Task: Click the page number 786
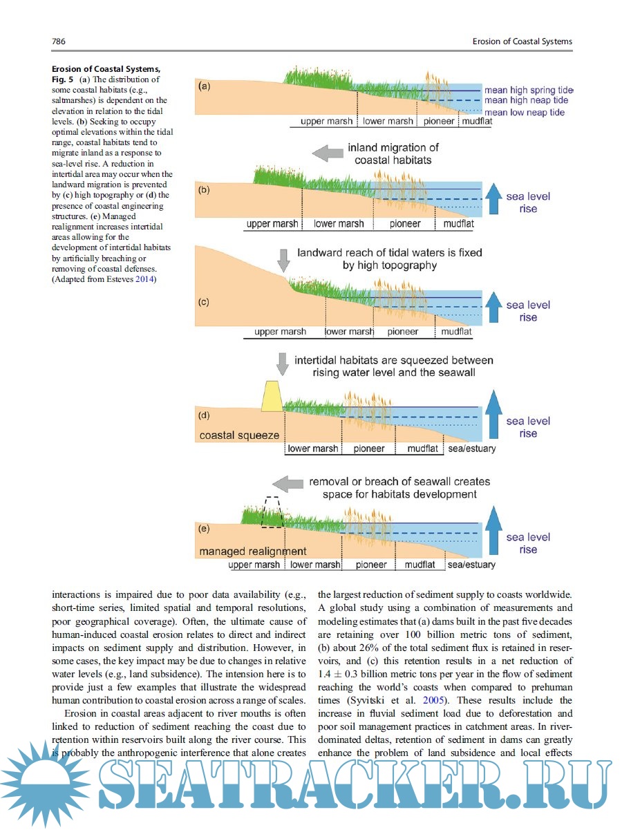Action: point(59,41)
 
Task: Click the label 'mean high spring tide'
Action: point(528,90)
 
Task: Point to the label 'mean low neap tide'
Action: point(524,112)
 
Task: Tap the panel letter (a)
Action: point(205,87)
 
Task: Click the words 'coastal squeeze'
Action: point(239,435)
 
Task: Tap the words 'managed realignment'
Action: point(252,551)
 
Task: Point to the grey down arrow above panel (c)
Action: point(283,260)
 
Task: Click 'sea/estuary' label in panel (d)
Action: point(471,449)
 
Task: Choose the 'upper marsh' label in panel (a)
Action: point(327,122)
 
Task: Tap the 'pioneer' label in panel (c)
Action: point(403,332)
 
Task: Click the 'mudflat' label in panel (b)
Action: point(458,224)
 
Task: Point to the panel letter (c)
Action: point(205,303)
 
